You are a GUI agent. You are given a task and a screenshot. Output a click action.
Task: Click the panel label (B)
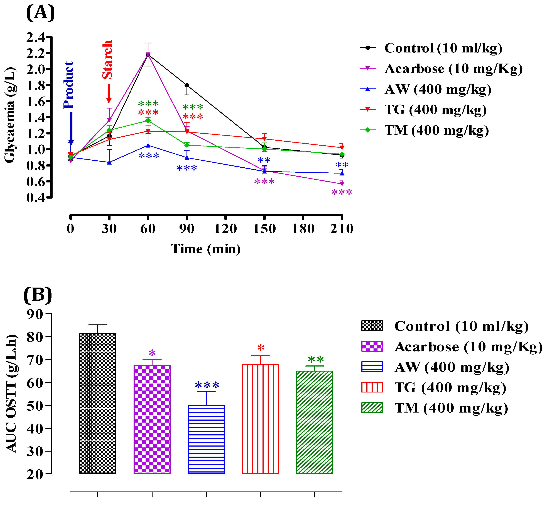(38, 295)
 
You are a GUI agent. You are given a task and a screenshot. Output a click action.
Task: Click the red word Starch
(107, 60)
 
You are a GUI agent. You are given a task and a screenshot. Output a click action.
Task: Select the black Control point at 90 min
(187, 85)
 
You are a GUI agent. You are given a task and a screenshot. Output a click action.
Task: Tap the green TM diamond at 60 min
(148, 121)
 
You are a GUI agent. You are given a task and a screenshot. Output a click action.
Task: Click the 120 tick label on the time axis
(225, 229)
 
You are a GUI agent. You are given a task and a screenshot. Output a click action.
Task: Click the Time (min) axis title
(206, 249)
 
